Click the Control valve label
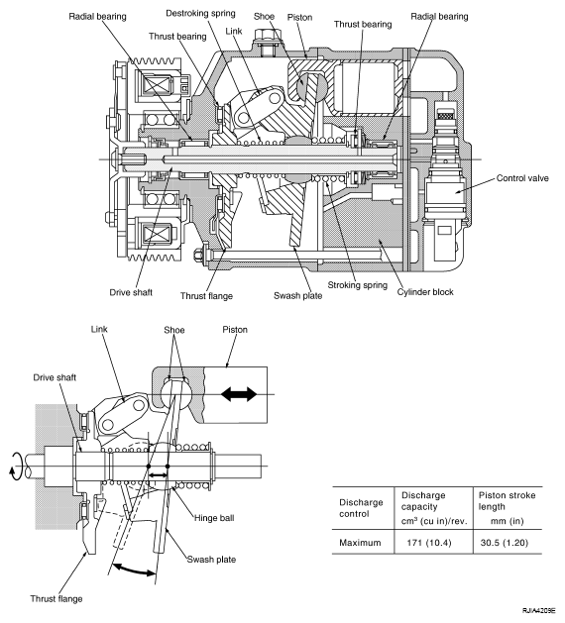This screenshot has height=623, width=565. click(522, 178)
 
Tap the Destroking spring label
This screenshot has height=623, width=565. click(200, 14)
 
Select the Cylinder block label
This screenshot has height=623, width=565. click(425, 292)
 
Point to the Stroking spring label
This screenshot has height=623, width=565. click(357, 285)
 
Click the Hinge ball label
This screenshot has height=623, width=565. click(214, 518)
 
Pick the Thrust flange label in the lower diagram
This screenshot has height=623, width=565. click(56, 598)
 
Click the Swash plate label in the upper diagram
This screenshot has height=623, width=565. click(297, 295)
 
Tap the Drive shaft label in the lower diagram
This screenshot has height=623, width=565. click(55, 377)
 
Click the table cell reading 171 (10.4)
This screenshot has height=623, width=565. click(429, 543)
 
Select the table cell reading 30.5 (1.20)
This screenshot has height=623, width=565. click(505, 543)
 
